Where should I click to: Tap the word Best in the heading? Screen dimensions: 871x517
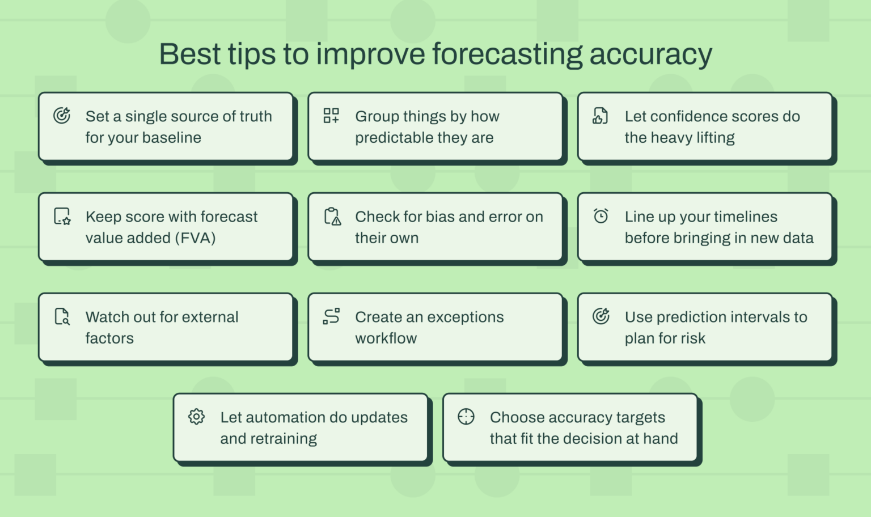tap(190, 54)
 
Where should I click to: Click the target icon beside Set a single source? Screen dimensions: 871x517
tap(62, 116)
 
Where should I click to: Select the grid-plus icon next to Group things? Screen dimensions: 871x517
tap(331, 116)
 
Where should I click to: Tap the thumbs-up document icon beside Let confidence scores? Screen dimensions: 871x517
tap(601, 116)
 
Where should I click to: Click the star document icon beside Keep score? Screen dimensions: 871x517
tap(62, 216)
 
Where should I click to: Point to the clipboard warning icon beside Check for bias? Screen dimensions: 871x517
tap(332, 216)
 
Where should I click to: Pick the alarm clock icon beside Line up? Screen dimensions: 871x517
tap(601, 216)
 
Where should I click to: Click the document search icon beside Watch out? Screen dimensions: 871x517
tap(62, 316)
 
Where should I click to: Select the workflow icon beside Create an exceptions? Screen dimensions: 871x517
tap(331, 316)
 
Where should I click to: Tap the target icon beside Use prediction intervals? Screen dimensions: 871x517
tap(601, 316)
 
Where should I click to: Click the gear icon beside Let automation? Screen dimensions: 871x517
tap(196, 417)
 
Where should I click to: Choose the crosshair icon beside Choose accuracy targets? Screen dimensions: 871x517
tap(466, 417)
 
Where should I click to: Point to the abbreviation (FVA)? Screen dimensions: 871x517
tap(195, 238)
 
